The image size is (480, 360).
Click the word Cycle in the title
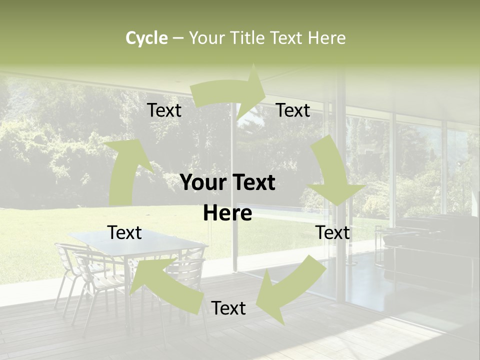(x=146, y=38)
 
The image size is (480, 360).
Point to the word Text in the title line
(x=287, y=38)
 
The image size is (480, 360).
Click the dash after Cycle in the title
(x=178, y=38)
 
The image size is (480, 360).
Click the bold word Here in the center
(x=227, y=213)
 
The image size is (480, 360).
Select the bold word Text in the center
(x=252, y=183)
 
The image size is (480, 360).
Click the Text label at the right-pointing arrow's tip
(x=293, y=110)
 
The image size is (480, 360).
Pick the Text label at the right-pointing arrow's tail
(x=164, y=110)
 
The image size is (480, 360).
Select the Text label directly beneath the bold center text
(x=228, y=308)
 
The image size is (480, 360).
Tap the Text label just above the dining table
(x=125, y=232)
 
